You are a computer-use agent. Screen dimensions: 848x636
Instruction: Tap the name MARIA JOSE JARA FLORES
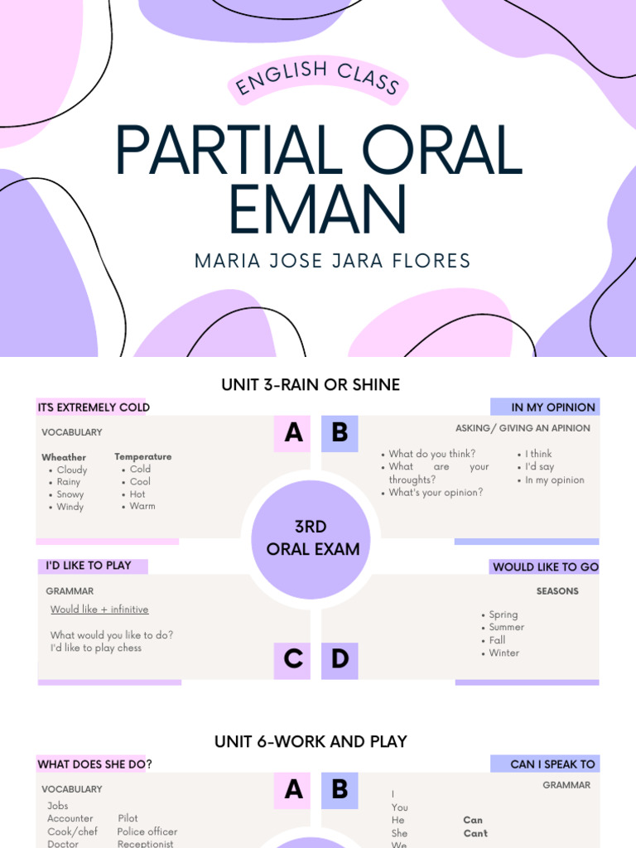coord(332,261)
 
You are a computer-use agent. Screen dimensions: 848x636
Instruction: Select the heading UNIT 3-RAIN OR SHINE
coord(311,384)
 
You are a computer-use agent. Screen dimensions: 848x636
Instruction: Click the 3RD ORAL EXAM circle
coord(311,537)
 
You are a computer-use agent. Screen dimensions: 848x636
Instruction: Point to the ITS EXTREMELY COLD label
coord(94,407)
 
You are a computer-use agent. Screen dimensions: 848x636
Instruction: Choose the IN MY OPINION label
coord(552,407)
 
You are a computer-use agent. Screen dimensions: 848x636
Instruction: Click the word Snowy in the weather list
coord(70,494)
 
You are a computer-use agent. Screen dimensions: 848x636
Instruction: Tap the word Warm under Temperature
coord(142,506)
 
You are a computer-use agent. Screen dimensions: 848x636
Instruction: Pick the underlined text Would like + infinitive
coord(99,609)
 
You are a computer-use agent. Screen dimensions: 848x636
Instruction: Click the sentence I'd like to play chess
coord(96,648)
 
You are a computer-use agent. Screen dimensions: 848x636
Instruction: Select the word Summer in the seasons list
coord(506,627)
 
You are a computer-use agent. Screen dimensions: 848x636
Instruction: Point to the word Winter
coord(503,653)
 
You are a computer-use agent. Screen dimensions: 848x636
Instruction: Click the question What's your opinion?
coord(436,492)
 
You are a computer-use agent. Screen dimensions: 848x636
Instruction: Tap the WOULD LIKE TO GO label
coord(545,567)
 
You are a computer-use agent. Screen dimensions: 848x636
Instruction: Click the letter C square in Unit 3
coord(293,659)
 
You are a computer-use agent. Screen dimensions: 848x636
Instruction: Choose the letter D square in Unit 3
coord(340,659)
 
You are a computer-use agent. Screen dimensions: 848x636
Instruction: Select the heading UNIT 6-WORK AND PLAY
coord(311,741)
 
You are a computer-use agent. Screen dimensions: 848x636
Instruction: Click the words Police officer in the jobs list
coord(147,831)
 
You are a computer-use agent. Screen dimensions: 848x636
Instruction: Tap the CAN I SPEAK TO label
coord(552,764)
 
